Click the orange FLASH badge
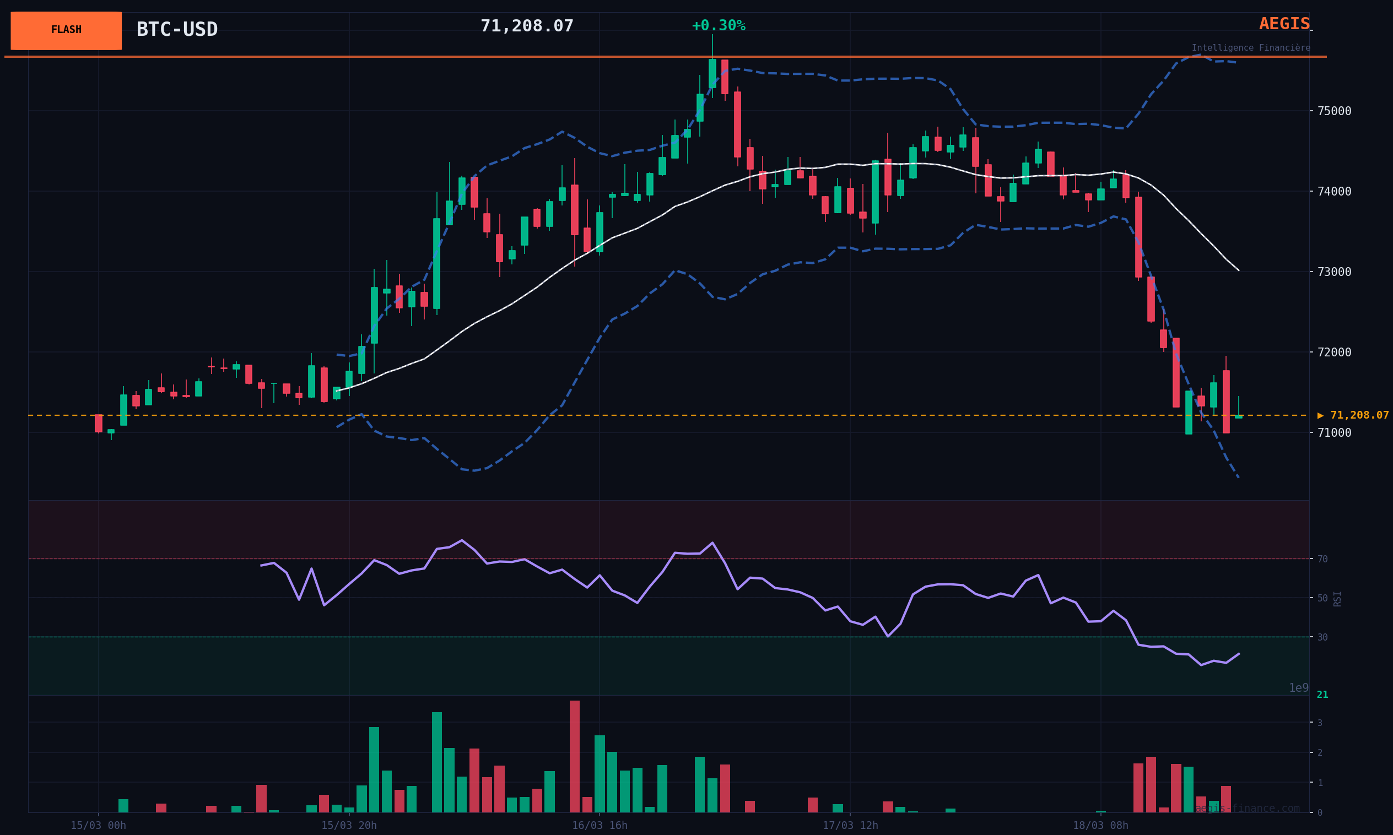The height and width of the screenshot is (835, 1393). (66, 30)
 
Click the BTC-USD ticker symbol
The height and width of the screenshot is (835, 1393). (177, 29)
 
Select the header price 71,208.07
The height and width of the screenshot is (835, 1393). (527, 26)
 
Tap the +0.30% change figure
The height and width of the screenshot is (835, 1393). (718, 26)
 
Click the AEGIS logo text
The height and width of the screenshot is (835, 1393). (1284, 24)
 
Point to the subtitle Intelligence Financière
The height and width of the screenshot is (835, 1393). (1251, 48)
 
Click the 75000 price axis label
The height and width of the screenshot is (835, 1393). (1335, 111)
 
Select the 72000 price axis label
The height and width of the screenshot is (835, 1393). (1335, 352)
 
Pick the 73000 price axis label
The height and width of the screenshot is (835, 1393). (1335, 272)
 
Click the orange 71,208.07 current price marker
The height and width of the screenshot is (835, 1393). (1353, 415)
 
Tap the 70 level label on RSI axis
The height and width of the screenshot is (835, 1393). (1322, 559)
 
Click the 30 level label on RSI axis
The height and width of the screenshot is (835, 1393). (1322, 637)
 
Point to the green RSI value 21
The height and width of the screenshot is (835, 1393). (1322, 695)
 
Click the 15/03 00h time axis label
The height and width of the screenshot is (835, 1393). (99, 826)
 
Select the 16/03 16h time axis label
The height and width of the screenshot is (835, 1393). (600, 826)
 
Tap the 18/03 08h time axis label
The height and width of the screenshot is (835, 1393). (1100, 826)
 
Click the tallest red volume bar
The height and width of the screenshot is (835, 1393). (574, 756)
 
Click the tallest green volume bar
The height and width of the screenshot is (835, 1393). (437, 762)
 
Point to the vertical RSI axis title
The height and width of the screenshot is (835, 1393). (1337, 599)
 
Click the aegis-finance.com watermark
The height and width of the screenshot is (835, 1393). (1247, 809)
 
